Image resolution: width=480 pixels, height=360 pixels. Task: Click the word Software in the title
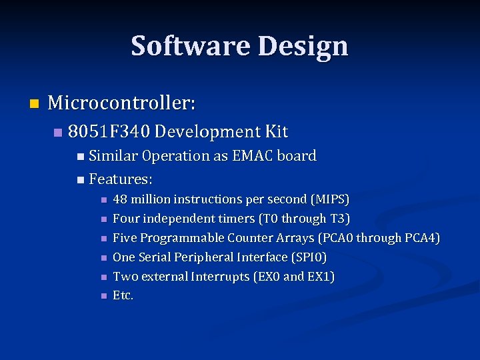pos(191,46)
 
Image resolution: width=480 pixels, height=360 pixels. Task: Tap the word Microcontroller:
pos(122,103)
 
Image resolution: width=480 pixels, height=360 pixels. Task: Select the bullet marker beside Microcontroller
pos(35,103)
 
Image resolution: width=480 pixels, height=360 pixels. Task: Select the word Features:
pos(121,179)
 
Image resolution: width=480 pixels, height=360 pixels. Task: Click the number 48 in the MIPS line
pos(120,199)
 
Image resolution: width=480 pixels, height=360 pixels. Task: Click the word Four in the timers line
pos(125,219)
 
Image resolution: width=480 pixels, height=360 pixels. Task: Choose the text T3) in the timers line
pos(340,219)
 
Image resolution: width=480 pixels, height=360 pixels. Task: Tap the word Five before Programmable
pos(124,238)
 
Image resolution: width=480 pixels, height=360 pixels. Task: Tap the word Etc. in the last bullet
pos(123,295)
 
